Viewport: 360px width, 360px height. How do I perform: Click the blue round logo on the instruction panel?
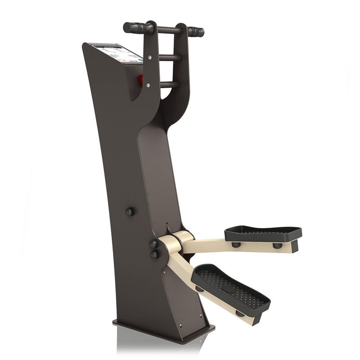[146, 58]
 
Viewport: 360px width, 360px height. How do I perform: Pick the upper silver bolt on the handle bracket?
[152, 58]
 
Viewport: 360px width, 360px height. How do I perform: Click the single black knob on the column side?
[130, 211]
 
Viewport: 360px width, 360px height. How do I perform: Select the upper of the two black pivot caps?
[154, 244]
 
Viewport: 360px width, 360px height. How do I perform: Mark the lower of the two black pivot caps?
[155, 255]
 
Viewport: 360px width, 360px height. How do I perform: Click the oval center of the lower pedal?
[229, 288]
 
